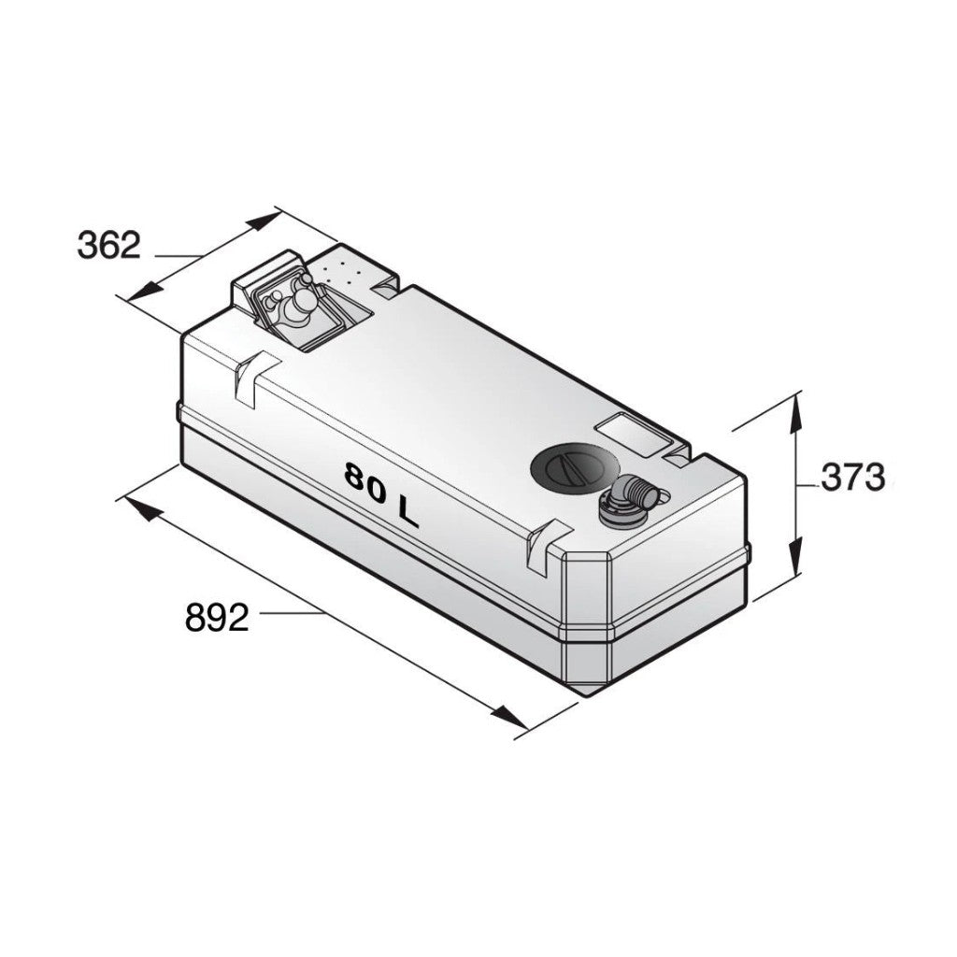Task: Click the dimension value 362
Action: click(109, 245)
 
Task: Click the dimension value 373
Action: click(852, 478)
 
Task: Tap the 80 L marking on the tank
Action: click(381, 494)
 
